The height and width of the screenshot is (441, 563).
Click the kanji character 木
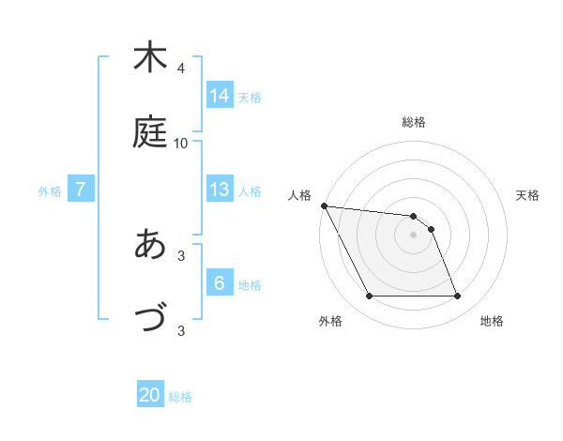click(150, 57)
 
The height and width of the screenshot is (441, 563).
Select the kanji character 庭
click(150, 131)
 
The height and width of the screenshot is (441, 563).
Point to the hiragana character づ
click(150, 318)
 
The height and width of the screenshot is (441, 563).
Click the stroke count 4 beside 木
click(181, 68)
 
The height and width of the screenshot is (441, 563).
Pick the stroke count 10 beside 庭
click(181, 143)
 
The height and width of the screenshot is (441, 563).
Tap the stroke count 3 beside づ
click(181, 329)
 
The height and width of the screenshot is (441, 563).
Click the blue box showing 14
click(220, 95)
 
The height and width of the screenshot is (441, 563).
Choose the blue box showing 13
click(220, 190)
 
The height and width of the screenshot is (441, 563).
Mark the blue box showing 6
click(220, 283)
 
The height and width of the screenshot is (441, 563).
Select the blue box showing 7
click(81, 190)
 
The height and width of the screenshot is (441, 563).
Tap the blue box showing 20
click(150, 395)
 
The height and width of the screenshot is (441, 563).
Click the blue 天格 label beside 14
click(250, 97)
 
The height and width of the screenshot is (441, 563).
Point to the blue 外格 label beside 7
click(50, 191)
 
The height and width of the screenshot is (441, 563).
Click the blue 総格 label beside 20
click(180, 397)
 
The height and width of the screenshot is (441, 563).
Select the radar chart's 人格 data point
click(324, 205)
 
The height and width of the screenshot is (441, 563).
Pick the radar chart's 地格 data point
click(457, 297)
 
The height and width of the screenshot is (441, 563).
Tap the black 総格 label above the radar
click(414, 122)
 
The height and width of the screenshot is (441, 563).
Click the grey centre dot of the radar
click(414, 235)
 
